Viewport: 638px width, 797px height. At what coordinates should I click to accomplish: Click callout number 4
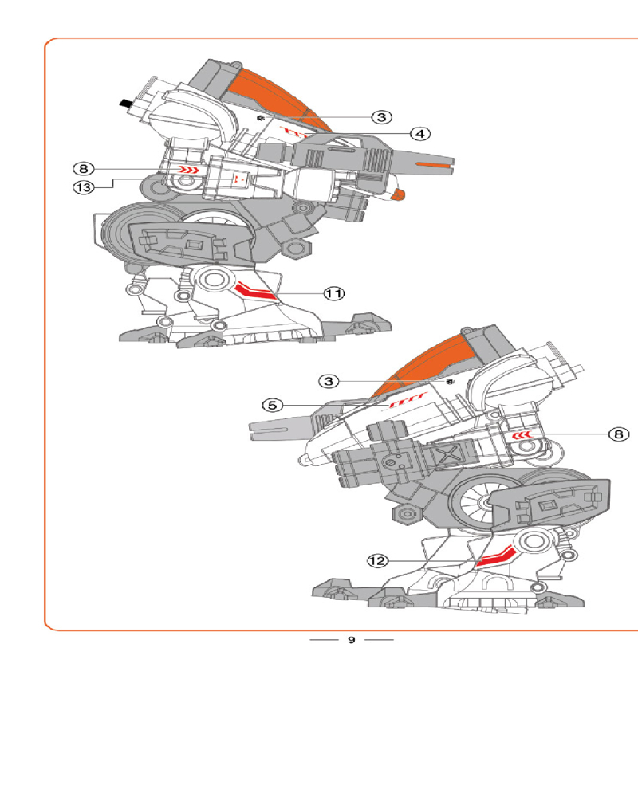coord(422,132)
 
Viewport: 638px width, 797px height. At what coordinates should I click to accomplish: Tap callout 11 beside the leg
coord(333,294)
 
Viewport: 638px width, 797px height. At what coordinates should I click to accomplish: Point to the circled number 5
coord(274,405)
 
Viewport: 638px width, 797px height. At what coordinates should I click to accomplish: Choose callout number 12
coord(377,561)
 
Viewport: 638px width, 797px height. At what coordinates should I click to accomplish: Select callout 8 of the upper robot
coord(84,169)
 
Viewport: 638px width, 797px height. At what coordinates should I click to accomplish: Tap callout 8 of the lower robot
coord(617,434)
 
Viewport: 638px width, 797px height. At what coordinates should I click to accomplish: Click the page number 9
coord(351,640)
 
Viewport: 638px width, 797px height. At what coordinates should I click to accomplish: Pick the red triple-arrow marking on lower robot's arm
coord(522,435)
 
